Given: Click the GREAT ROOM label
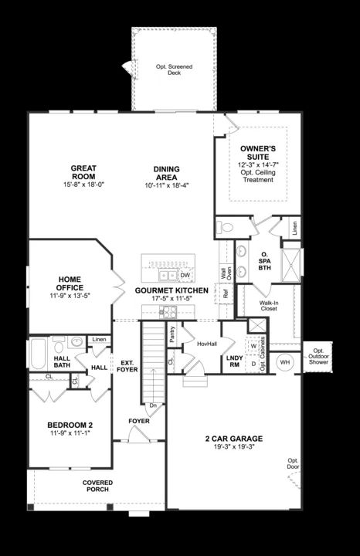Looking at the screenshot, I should coord(83,172).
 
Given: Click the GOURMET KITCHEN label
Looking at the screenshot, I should coord(172,290).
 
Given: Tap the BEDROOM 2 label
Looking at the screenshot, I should coord(70,425).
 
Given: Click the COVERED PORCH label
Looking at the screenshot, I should coord(98,486).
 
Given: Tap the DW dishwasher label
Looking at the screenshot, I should coord(185,275).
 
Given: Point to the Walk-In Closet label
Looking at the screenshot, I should coord(269,305).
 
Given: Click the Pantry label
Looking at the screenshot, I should coord(171,333).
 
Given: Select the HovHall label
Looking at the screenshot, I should coord(206,344).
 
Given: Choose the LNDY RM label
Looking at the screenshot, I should coord(234,361).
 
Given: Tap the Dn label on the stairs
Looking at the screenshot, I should coord(152,405).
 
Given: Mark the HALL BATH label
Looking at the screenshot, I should coord(62,363).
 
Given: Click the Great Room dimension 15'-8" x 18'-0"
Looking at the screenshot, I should coord(83,185).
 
